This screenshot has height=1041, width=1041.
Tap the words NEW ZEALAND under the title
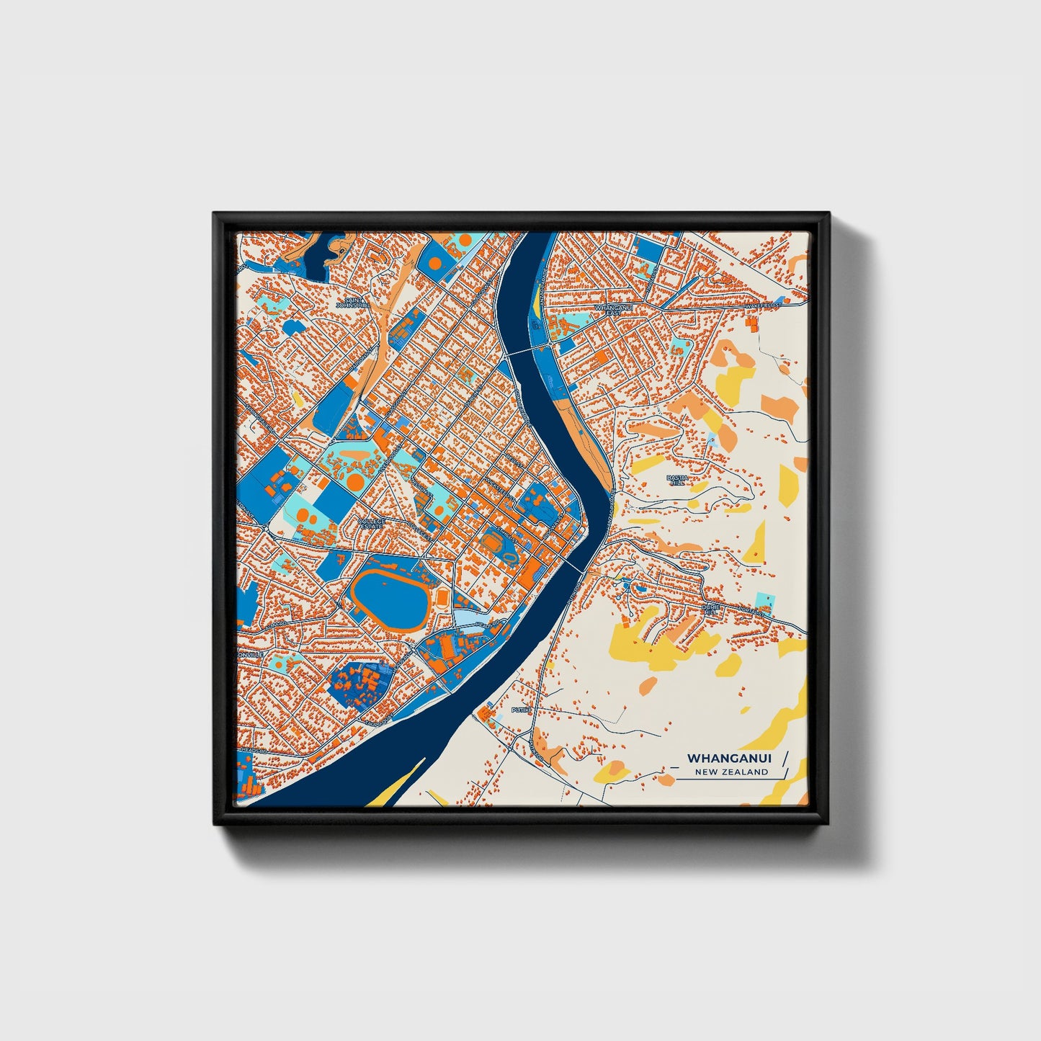tap(731, 772)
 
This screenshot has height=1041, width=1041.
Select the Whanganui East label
tap(607, 310)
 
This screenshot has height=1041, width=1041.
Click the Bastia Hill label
tap(677, 481)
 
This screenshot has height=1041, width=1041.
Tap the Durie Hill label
tap(711, 610)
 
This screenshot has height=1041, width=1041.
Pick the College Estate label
tap(372, 524)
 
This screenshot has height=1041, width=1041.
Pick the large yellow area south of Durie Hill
tap(641, 641)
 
